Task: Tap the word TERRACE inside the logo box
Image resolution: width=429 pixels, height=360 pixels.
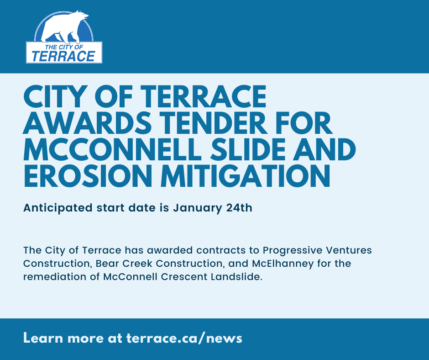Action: click(63, 56)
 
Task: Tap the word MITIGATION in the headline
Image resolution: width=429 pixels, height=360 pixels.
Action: click(246, 176)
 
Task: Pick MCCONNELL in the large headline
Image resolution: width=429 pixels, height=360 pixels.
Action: click(112, 149)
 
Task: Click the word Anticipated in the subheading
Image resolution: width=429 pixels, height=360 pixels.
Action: click(58, 208)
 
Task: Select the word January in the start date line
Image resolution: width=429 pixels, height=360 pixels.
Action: click(198, 208)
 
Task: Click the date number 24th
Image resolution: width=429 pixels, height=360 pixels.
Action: click(239, 207)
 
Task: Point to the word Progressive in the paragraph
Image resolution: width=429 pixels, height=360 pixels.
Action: click(292, 250)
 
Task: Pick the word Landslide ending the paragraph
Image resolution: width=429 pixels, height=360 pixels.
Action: click(237, 276)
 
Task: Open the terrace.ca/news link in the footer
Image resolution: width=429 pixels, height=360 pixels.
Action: click(184, 338)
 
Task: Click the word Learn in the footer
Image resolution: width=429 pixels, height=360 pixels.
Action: click(43, 338)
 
